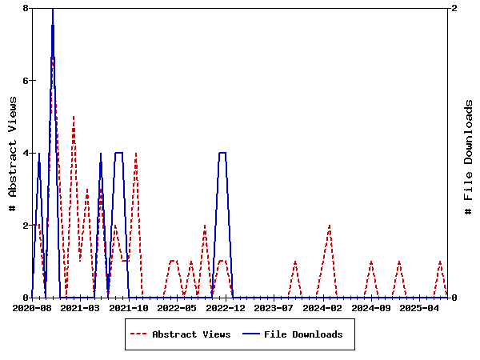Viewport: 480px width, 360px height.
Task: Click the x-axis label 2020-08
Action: [32, 307]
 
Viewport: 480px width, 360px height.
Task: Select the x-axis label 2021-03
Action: [81, 307]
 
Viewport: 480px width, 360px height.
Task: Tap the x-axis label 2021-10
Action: [130, 307]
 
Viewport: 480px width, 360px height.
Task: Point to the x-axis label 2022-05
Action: [178, 307]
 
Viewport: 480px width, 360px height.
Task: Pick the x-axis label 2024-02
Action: [323, 307]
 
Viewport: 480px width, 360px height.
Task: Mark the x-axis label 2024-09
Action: [372, 307]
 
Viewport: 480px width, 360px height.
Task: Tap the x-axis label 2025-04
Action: [421, 307]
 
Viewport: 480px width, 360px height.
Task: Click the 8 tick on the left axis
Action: [26, 8]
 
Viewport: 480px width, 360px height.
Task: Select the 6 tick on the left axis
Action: [26, 81]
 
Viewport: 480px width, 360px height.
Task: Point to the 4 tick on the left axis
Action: [26, 153]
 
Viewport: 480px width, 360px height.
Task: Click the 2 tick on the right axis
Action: [454, 8]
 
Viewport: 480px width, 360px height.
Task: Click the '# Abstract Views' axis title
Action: [12, 153]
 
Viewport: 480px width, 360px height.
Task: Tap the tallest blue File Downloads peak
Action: [53, 10]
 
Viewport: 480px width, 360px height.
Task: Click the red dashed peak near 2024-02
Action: [330, 226]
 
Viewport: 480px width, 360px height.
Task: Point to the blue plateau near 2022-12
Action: [222, 153]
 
